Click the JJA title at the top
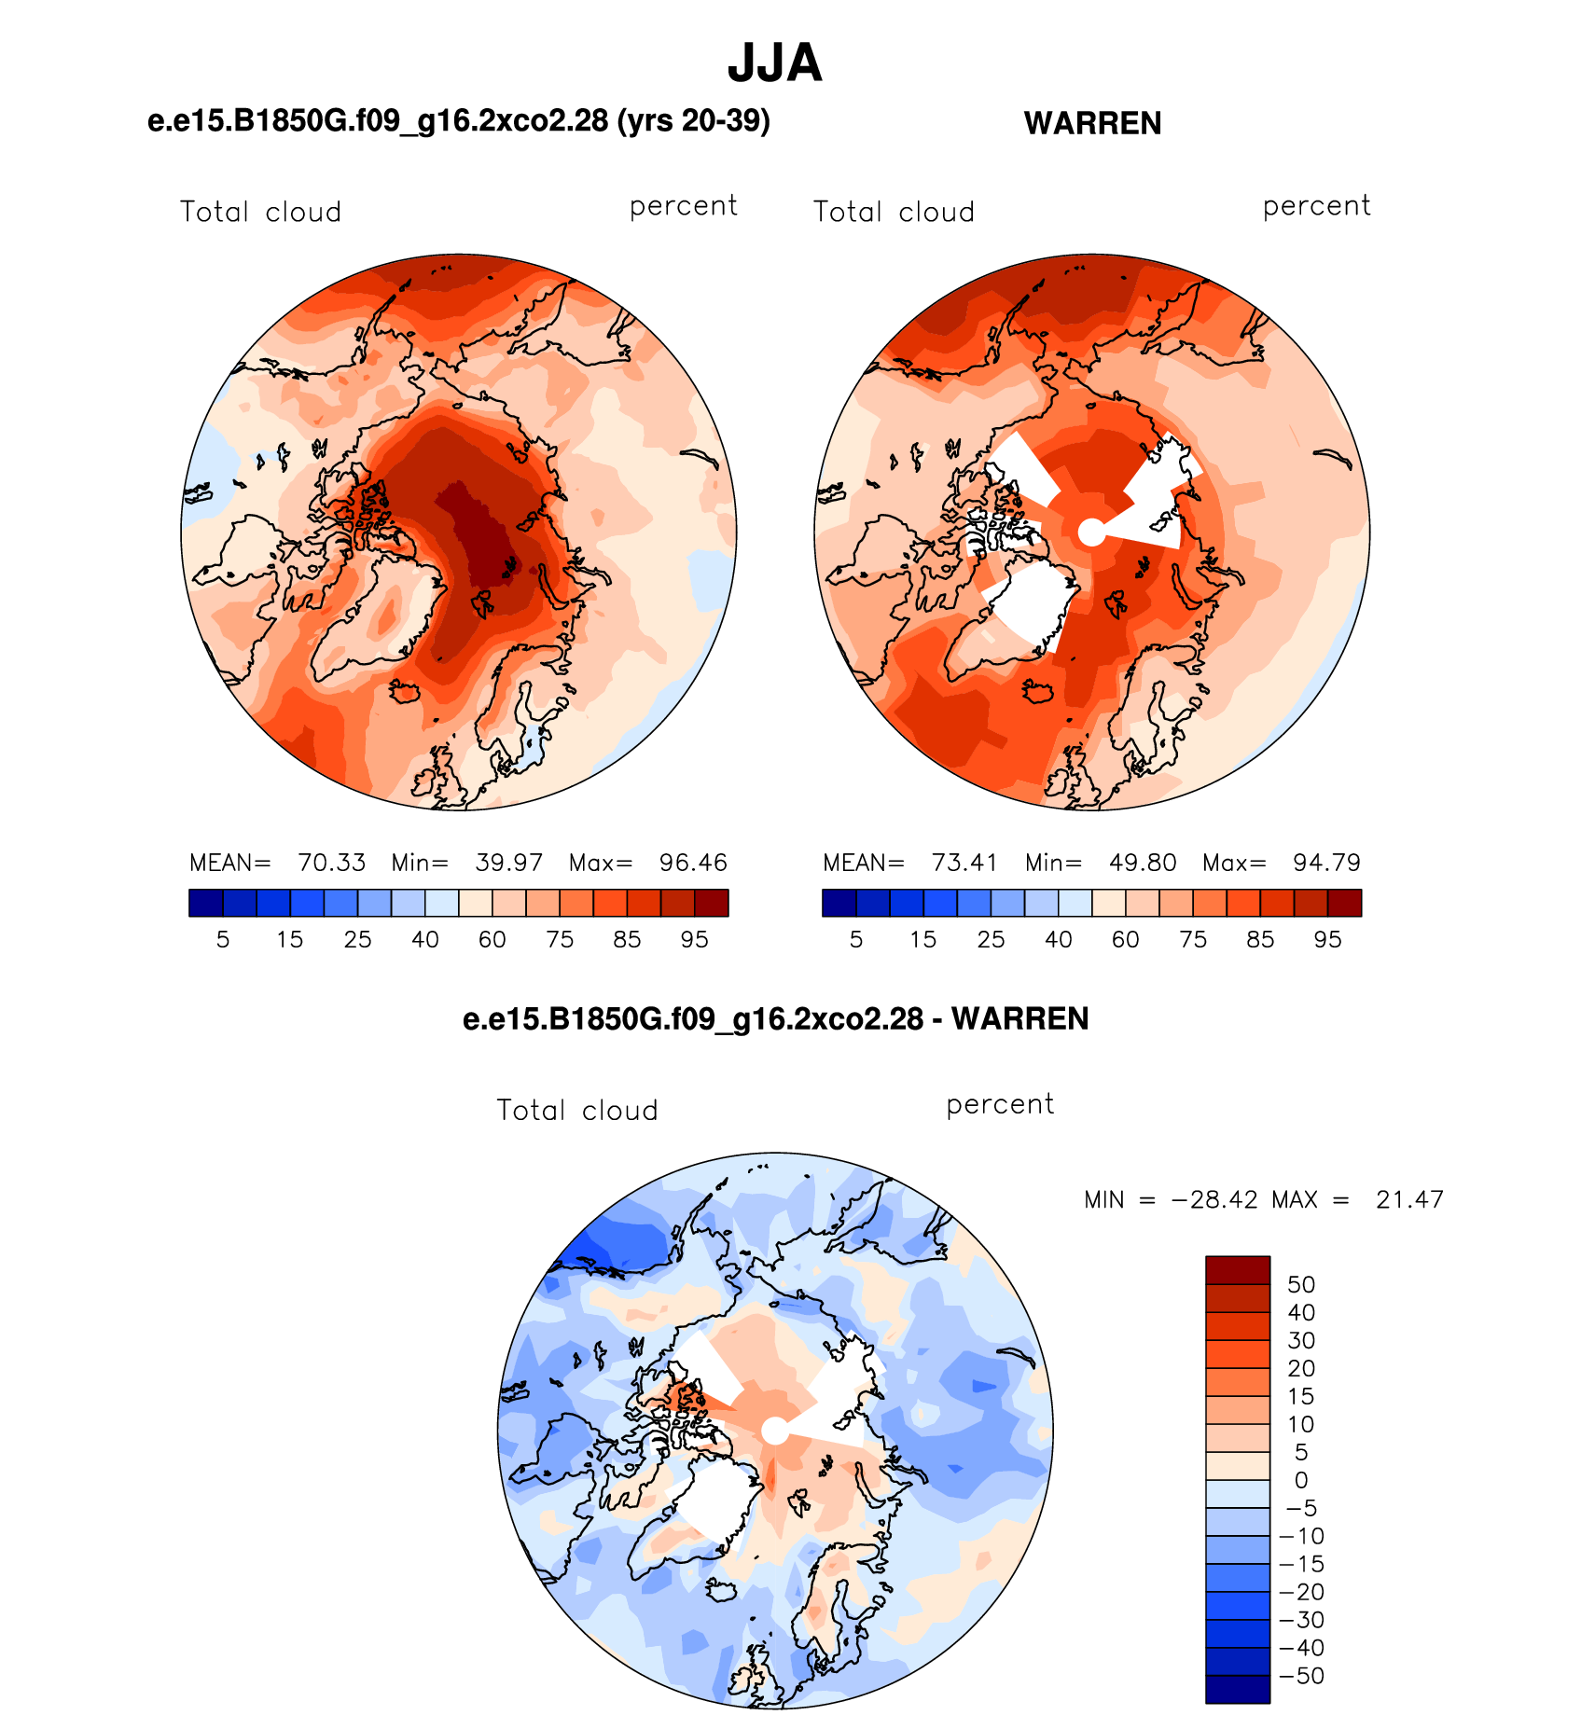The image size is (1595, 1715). pyautogui.click(x=774, y=63)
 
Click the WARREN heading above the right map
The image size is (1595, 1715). pyautogui.click(x=1092, y=123)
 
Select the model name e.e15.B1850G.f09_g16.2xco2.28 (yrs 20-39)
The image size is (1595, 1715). pyautogui.click(x=459, y=121)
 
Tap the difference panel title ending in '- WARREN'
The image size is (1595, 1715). pyautogui.click(x=775, y=1018)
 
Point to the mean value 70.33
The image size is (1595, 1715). pyautogui.click(x=331, y=863)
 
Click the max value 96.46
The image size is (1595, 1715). pyautogui.click(x=693, y=863)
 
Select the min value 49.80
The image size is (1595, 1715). pyautogui.click(x=1143, y=863)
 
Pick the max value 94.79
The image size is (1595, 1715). pyautogui.click(x=1326, y=863)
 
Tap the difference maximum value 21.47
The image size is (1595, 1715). pyautogui.click(x=1409, y=1199)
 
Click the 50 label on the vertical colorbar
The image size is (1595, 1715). pyautogui.click(x=1301, y=1284)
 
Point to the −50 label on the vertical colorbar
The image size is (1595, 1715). pyautogui.click(x=1302, y=1676)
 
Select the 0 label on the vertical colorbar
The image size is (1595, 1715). pyautogui.click(x=1301, y=1480)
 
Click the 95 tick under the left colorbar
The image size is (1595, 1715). pyautogui.click(x=694, y=939)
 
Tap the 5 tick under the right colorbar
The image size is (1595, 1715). pyautogui.click(x=856, y=939)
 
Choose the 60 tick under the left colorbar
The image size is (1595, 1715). pyautogui.click(x=492, y=939)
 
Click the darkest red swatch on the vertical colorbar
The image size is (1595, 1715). pyautogui.click(x=1238, y=1270)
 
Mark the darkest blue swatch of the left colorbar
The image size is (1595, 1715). pyautogui.click(x=206, y=903)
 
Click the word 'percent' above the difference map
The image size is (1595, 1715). pyautogui.click(x=1000, y=1104)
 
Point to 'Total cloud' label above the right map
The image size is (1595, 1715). pyautogui.click(x=894, y=212)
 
